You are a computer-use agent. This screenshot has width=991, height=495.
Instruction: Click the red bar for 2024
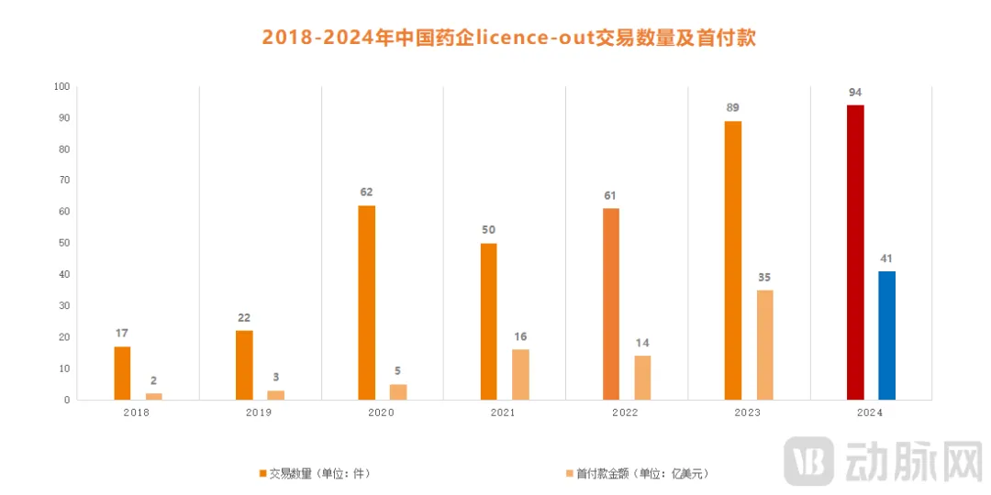855,252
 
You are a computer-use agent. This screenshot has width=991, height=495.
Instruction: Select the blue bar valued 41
886,335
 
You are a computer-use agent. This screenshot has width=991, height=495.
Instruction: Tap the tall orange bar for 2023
733,260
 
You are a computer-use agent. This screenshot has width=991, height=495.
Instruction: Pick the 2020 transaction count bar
367,302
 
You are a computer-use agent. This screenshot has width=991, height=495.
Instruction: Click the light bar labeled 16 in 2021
520,374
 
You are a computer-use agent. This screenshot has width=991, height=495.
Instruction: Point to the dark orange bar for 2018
122,373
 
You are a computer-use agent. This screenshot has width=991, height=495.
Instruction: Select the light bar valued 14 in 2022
642,378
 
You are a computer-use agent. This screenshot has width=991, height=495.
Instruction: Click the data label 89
733,107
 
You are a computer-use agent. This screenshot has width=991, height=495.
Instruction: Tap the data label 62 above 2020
367,192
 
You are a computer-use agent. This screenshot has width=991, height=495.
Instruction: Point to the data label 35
764,276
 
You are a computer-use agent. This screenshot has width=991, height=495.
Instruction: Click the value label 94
855,92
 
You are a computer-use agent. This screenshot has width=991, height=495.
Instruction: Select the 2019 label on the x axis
259,413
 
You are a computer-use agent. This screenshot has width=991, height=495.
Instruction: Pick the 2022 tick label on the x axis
626,413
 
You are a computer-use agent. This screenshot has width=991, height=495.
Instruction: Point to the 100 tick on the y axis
61,86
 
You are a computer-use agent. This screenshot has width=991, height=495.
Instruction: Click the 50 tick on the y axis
63,243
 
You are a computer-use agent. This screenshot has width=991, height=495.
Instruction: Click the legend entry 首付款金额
637,474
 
